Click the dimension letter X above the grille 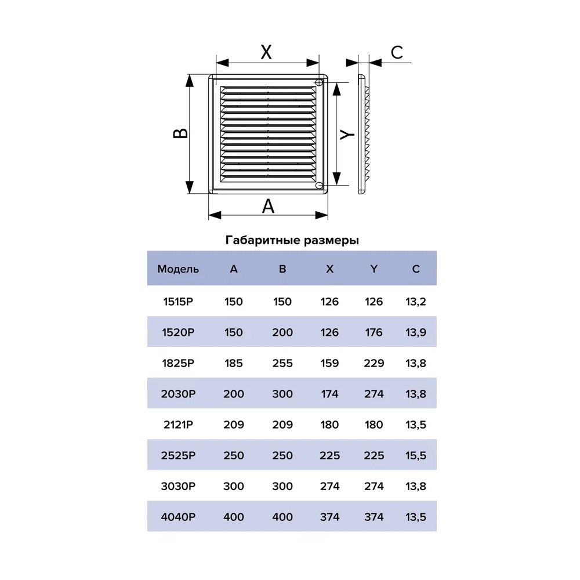[266, 52]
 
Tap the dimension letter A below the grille [268, 206]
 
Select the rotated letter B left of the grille [180, 133]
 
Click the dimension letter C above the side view [397, 53]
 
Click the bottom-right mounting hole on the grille [319, 186]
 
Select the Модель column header [178, 269]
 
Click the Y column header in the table [374, 269]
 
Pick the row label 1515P [178, 302]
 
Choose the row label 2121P [178, 425]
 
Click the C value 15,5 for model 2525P [416, 456]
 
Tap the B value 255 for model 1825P [282, 363]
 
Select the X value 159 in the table [329, 363]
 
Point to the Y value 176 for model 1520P [374, 332]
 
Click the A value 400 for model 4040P [234, 517]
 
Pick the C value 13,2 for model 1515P [416, 302]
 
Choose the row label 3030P [178, 486]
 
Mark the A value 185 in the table [234, 363]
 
